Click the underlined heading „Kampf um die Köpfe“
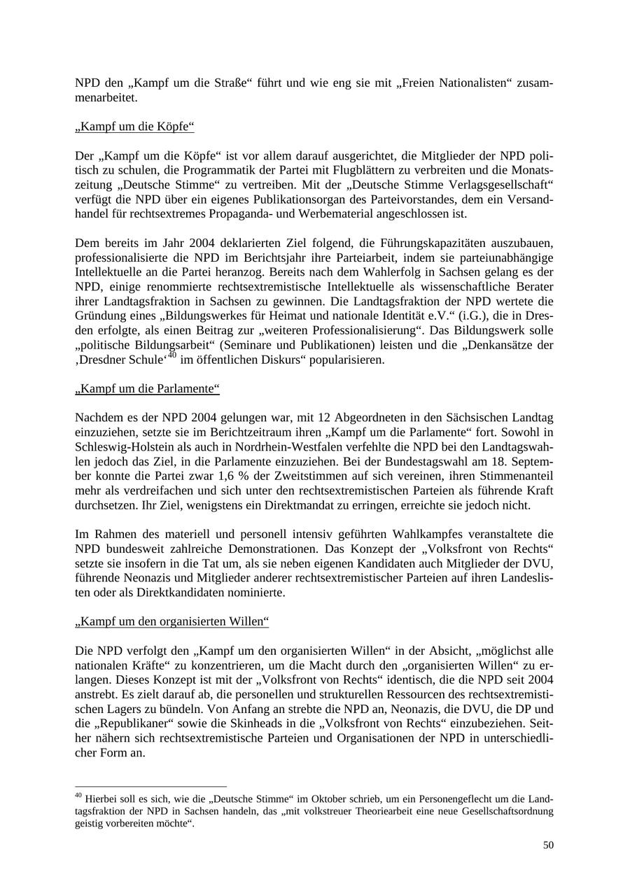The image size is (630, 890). [x=134, y=127]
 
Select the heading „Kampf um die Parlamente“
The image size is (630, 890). [x=147, y=388]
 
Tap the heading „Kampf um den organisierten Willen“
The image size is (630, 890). [x=171, y=621]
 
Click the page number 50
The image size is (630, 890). [x=548, y=845]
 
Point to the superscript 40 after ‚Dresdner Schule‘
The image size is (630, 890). [x=172, y=356]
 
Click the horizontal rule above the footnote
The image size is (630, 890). [x=150, y=787]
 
